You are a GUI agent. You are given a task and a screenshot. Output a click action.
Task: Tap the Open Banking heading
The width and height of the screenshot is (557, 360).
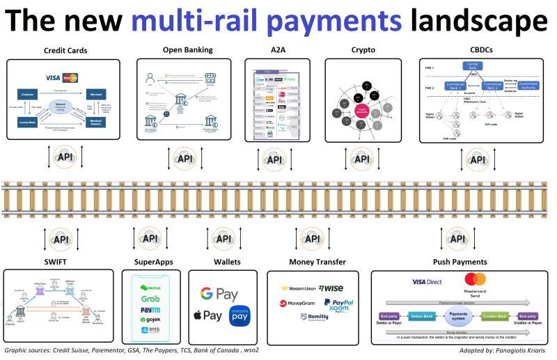[187, 50]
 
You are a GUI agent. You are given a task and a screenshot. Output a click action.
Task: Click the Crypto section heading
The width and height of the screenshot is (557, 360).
[363, 51]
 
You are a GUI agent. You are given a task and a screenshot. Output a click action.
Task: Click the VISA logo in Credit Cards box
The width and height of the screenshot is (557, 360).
[53, 77]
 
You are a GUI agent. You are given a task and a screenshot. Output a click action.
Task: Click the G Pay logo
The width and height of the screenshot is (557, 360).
[218, 294]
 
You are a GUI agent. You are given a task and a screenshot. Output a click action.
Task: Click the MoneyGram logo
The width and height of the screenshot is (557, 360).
[299, 304]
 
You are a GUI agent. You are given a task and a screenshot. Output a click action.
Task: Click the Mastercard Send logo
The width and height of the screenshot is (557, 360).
[475, 283]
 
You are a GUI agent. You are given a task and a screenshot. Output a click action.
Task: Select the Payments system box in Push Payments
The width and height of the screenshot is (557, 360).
[459, 317]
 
